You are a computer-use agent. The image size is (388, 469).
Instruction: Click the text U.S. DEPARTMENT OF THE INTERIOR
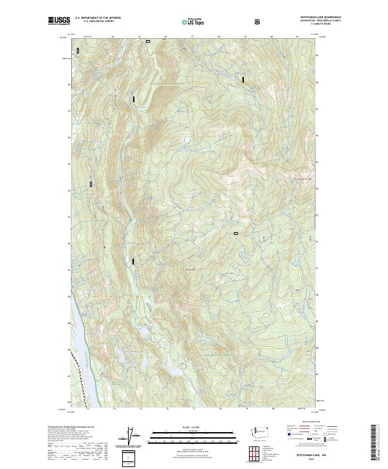click(x=98, y=18)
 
